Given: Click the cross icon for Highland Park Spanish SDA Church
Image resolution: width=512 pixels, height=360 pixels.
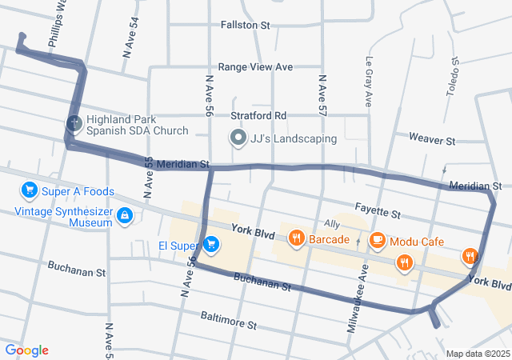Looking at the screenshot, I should pyautogui.click(x=74, y=123).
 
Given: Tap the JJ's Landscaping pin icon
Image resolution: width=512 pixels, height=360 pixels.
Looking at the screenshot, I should pyautogui.click(x=238, y=138).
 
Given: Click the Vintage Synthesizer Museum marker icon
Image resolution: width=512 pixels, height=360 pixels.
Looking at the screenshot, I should pyautogui.click(x=125, y=215).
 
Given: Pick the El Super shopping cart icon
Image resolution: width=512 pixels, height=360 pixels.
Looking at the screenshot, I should pyautogui.click(x=210, y=244).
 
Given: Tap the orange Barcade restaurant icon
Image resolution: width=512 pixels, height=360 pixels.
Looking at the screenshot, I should pyautogui.click(x=296, y=238).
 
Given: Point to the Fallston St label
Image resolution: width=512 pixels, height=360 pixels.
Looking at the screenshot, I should pyautogui.click(x=246, y=25).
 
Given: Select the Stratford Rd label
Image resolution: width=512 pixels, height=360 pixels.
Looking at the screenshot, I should pyautogui.click(x=258, y=115).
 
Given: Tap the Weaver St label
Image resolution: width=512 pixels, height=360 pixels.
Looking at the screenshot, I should pyautogui.click(x=431, y=139).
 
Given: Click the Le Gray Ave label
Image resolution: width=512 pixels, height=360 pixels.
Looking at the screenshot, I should pyautogui.click(x=370, y=82).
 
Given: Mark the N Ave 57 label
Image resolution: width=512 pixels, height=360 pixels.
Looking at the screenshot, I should pyautogui.click(x=322, y=95).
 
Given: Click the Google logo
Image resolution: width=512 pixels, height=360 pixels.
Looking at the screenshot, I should pyautogui.click(x=26, y=350).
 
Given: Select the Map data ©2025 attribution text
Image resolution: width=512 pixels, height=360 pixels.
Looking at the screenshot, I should pyautogui.click(x=477, y=354).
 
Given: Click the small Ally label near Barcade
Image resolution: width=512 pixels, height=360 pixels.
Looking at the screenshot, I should pyautogui.click(x=332, y=223).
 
